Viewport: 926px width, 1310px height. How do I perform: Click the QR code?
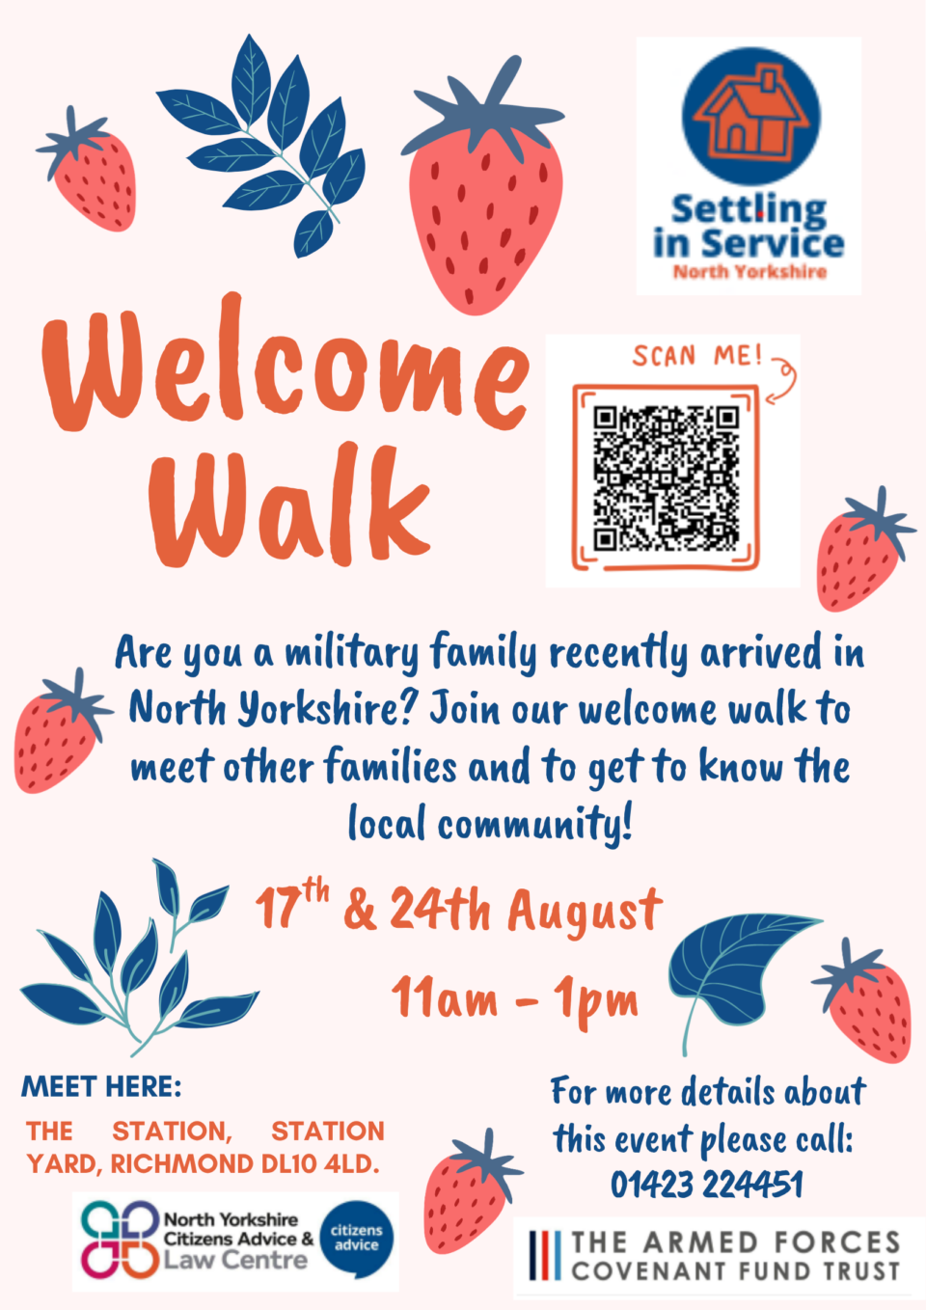(667, 478)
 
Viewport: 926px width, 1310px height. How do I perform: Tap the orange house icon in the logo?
(751, 117)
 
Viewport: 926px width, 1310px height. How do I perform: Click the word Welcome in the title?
(286, 366)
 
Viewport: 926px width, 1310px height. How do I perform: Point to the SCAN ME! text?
(697, 356)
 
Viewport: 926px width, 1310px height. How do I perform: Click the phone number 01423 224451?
(707, 1185)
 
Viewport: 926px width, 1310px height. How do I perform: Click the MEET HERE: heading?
(101, 1086)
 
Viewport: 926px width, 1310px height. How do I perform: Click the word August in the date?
(586, 913)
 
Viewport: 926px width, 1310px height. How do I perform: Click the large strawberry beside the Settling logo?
(483, 187)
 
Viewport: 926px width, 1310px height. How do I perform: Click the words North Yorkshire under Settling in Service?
(749, 272)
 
